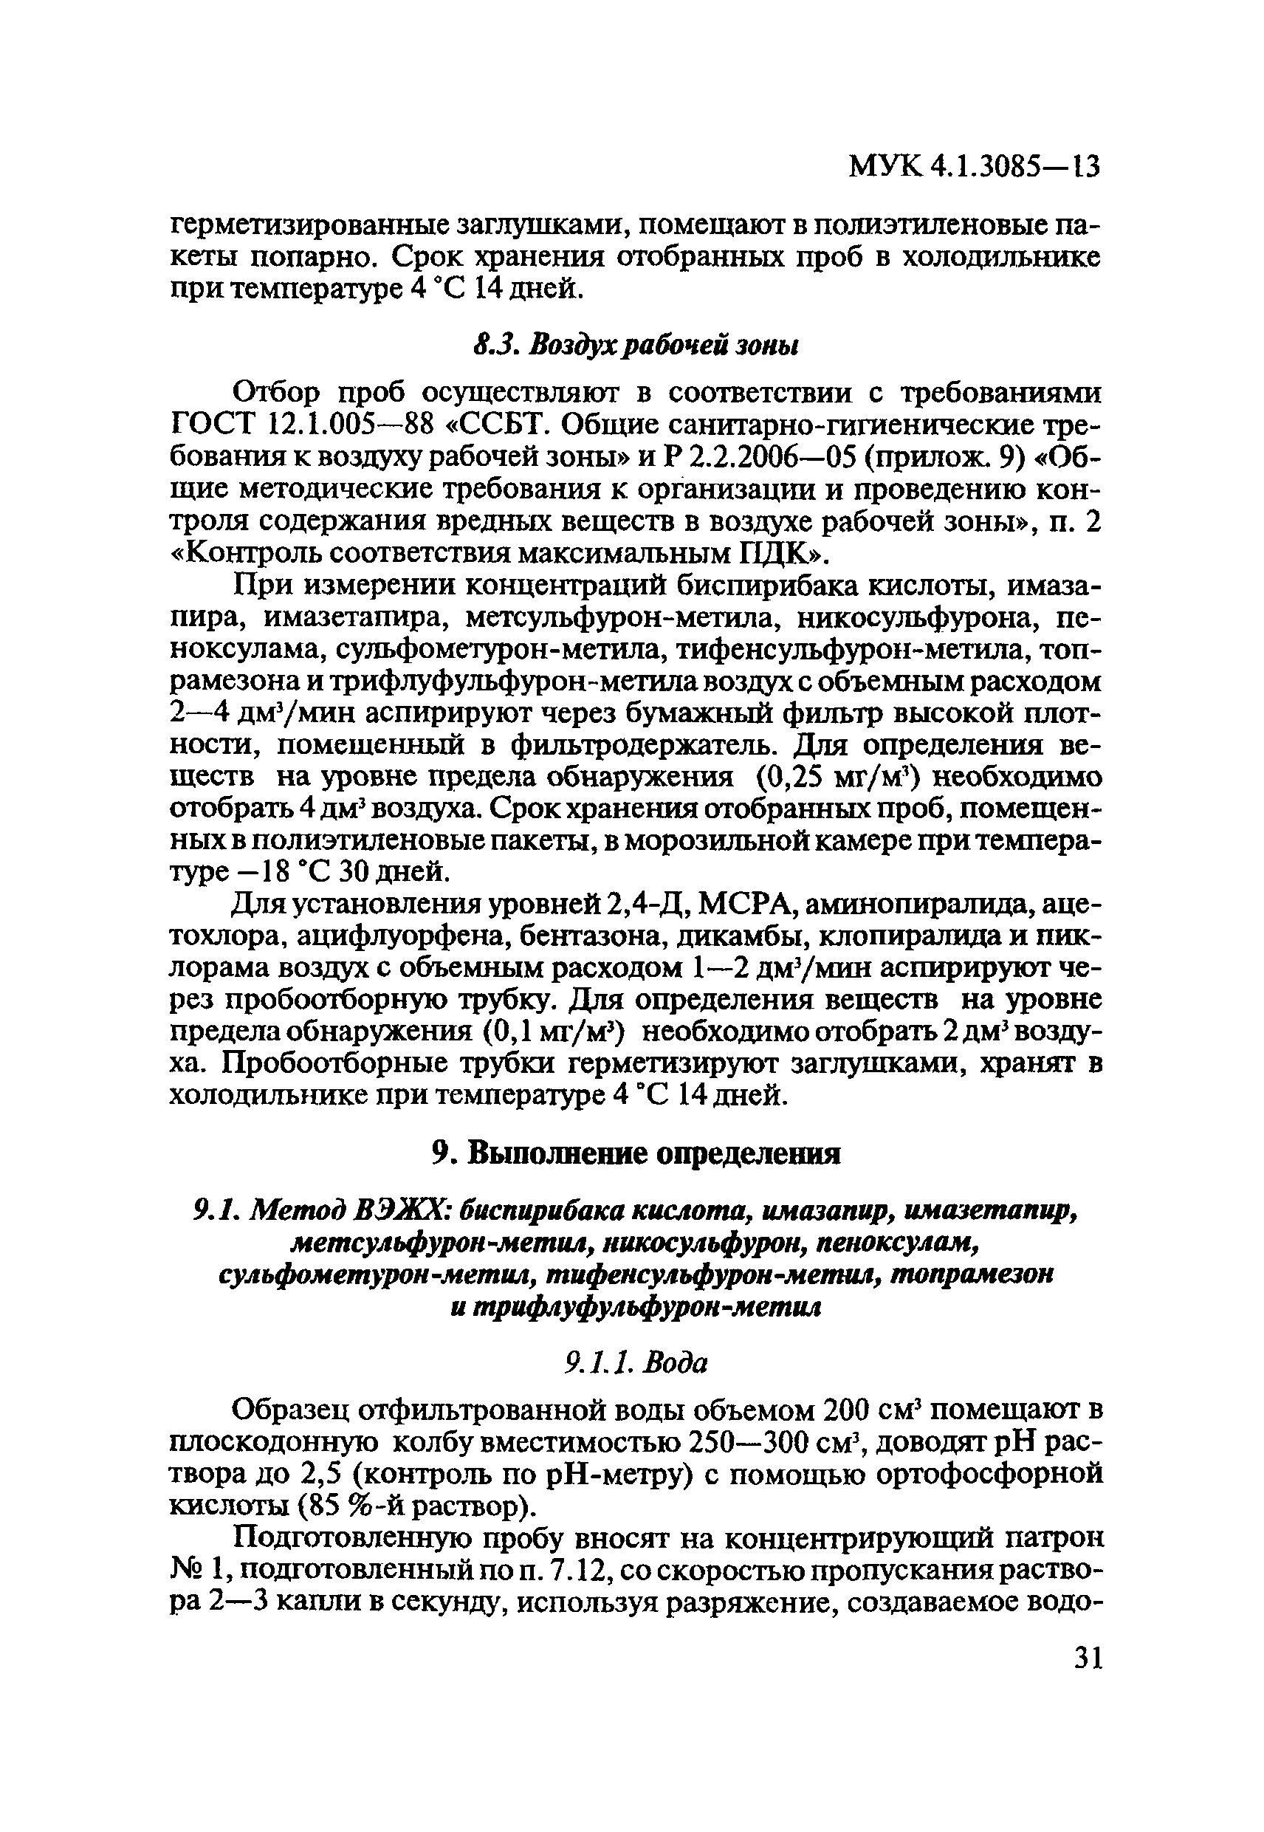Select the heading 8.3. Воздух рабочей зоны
(636, 346)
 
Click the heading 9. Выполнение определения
(636, 1154)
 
